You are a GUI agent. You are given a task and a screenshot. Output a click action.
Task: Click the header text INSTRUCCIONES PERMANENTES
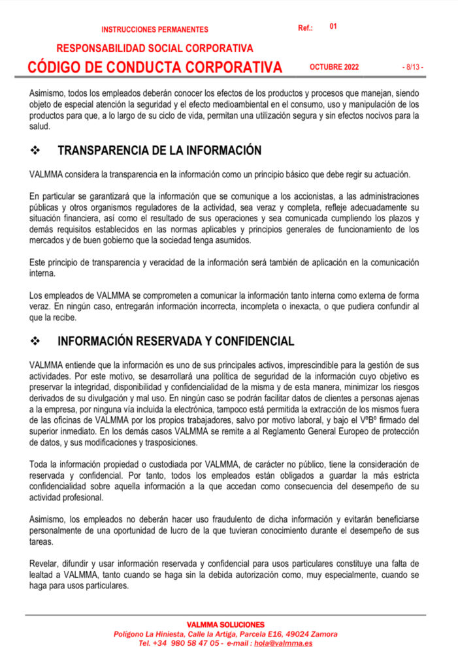pyautogui.click(x=155, y=29)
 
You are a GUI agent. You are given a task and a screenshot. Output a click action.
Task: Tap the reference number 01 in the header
pyautogui.click(x=333, y=27)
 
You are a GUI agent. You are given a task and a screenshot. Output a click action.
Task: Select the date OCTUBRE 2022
pyautogui.click(x=334, y=67)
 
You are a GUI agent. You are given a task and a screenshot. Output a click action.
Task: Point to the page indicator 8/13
pyautogui.click(x=412, y=67)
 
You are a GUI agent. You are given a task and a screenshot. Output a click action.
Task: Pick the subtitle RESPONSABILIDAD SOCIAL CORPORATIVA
pyautogui.click(x=155, y=48)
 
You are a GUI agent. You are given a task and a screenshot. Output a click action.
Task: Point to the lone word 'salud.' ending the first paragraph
pyautogui.click(x=40, y=127)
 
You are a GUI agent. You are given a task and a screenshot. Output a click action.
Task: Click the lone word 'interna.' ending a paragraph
pyautogui.click(x=43, y=273)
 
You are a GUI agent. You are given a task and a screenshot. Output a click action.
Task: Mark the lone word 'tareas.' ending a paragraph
pyautogui.click(x=42, y=542)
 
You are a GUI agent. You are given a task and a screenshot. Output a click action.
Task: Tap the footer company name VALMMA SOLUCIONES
pyautogui.click(x=225, y=624)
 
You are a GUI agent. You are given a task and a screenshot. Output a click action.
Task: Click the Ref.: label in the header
pyautogui.click(x=305, y=28)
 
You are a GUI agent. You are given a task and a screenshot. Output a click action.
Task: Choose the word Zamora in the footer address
pyautogui.click(x=325, y=633)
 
